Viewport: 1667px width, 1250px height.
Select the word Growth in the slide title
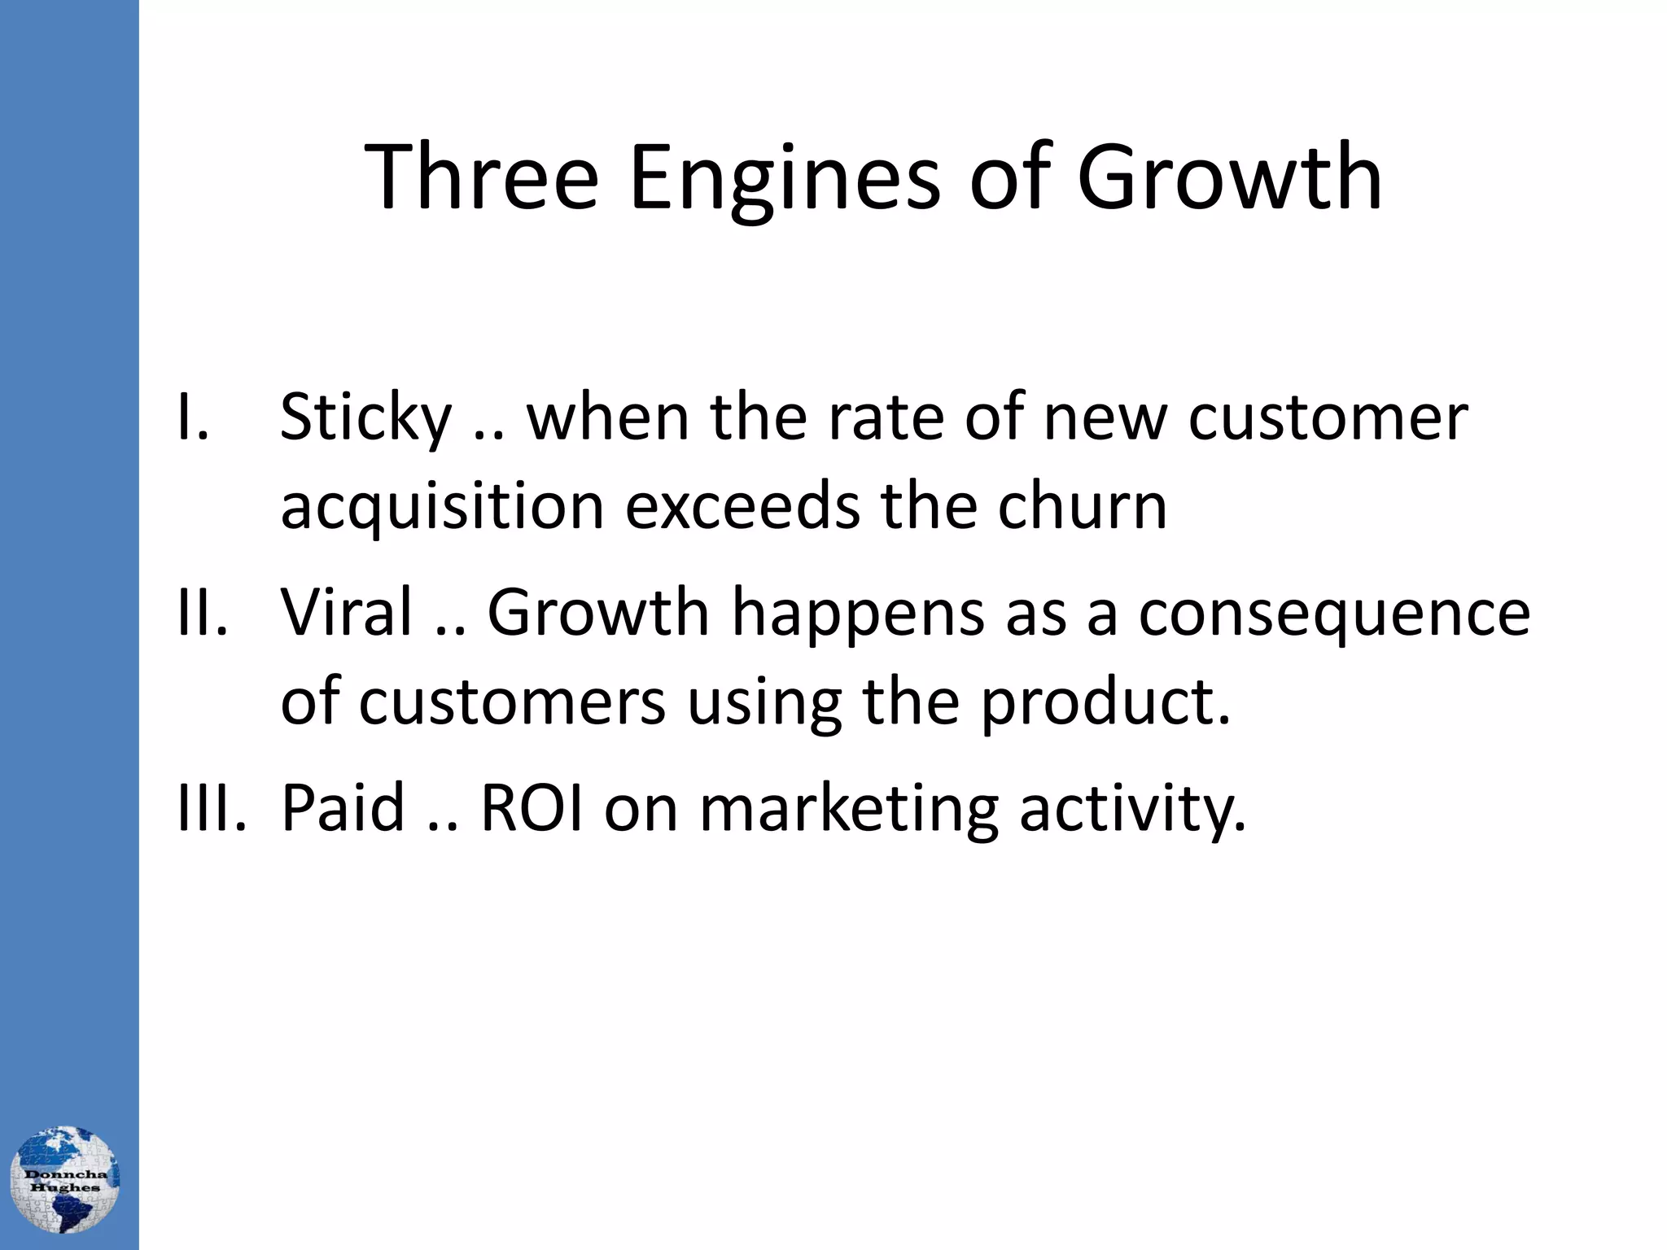coord(1229,177)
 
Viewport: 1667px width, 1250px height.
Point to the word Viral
coord(347,612)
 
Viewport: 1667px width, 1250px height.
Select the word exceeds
coord(742,506)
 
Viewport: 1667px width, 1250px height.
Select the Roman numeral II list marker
coord(202,612)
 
